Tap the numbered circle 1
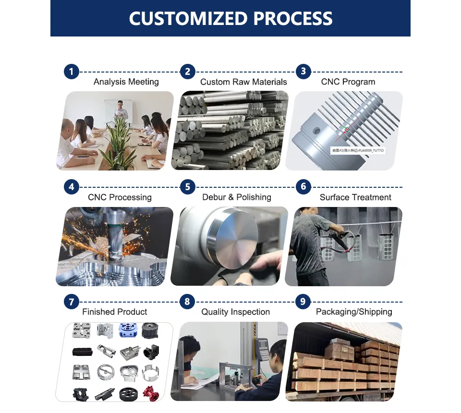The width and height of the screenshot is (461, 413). [x=71, y=72]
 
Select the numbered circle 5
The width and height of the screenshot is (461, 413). [x=187, y=187]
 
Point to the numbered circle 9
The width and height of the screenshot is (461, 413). [x=303, y=302]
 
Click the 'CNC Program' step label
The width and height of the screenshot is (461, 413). [x=348, y=82]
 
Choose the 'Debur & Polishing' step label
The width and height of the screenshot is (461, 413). [x=237, y=197]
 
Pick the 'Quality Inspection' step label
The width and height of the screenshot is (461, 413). [x=235, y=312]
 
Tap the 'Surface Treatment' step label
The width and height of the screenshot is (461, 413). [x=355, y=197]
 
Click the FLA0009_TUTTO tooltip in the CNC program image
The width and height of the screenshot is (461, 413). [x=357, y=150]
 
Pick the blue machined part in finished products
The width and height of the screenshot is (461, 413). [x=127, y=330]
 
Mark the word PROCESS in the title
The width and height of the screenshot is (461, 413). [x=292, y=18]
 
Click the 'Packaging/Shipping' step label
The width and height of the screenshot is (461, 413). [x=354, y=312]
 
